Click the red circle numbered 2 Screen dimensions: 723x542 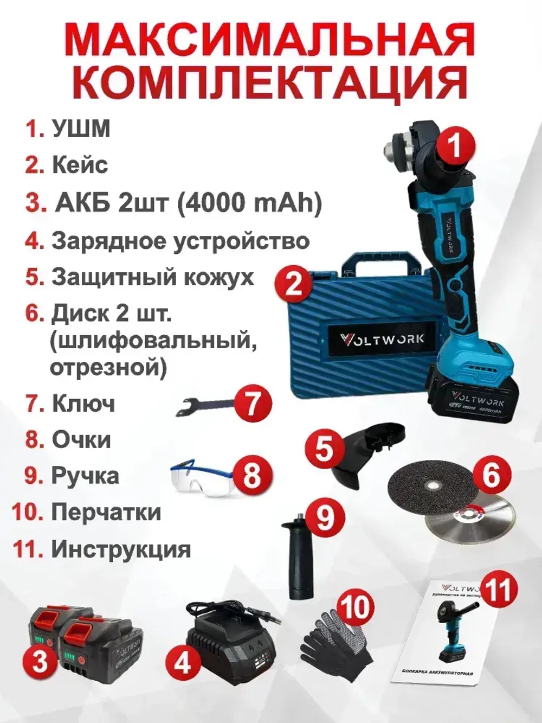(x=293, y=283)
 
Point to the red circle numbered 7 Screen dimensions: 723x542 (x=252, y=404)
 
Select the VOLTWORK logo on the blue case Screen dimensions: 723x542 (x=382, y=340)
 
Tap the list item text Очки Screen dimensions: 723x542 (x=81, y=439)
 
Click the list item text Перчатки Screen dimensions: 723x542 (x=106, y=512)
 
